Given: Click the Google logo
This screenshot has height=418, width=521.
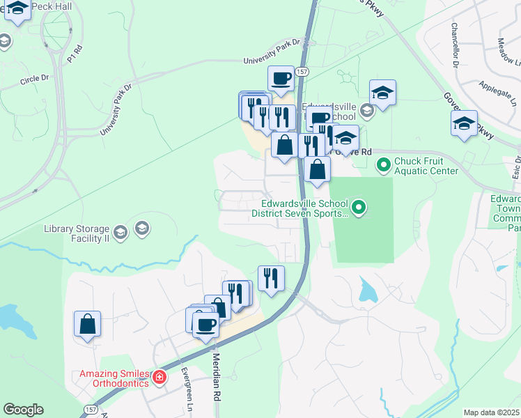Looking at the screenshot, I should (23, 410).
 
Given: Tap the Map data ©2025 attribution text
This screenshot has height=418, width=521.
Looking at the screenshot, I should (492, 412).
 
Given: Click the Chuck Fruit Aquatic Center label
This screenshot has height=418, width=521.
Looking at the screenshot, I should (426, 166).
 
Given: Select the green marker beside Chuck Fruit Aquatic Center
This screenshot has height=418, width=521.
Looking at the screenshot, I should (383, 166).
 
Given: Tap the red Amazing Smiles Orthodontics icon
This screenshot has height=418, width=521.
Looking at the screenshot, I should (160, 377).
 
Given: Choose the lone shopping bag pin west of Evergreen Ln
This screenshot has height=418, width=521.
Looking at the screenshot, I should (87, 324).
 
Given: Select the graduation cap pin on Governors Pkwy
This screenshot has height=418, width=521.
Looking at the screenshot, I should (464, 123).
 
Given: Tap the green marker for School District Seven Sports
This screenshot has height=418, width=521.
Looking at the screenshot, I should (358, 206).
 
